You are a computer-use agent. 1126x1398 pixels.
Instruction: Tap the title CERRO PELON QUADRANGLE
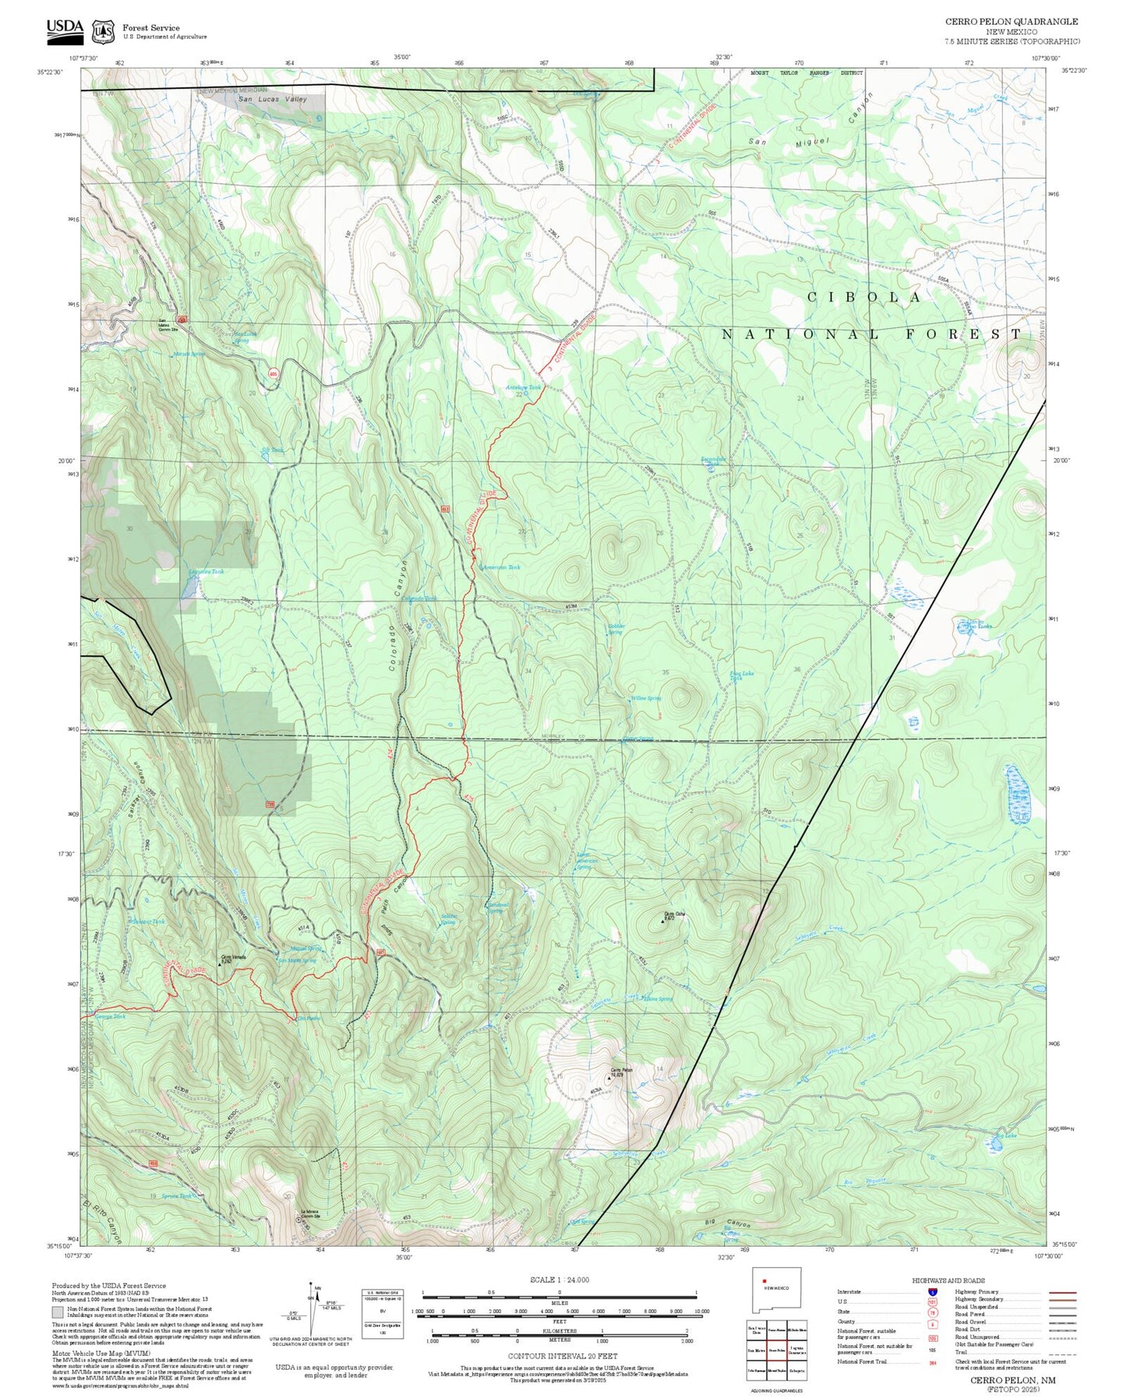coord(1011,22)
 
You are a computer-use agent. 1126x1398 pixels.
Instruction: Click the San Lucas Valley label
coord(273,100)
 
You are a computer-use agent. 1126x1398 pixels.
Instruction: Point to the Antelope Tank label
coord(523,387)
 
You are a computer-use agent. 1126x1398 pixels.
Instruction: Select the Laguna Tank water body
coord(188,588)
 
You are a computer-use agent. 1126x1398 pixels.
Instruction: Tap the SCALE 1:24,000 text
coord(559,1280)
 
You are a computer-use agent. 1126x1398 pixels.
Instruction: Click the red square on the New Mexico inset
coord(765,1280)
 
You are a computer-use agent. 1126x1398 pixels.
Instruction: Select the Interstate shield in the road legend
coord(932,1291)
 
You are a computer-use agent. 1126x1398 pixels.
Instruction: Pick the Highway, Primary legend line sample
coord(1062,1292)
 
